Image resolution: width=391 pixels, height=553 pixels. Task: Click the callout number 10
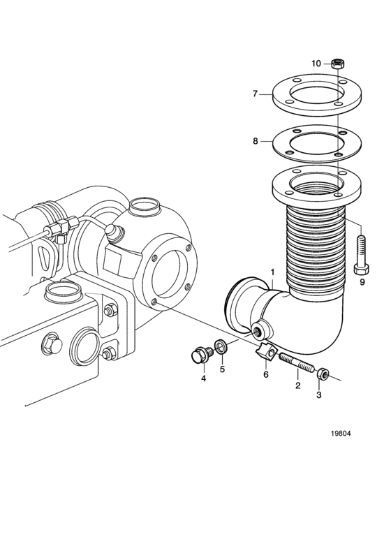coord(316,64)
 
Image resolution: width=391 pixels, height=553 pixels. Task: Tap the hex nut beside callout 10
coord(338,64)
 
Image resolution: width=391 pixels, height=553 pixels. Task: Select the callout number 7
coord(256,94)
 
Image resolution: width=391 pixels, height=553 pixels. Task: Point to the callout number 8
coord(256,141)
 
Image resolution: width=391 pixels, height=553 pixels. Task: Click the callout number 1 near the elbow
coord(272,272)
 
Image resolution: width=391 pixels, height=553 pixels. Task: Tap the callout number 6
coord(266,374)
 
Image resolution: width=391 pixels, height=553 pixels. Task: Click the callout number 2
coord(298,385)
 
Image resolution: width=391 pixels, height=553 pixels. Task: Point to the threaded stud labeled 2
coord(297,363)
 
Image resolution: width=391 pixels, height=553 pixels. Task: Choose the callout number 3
coord(318,395)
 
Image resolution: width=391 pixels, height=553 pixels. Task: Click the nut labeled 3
coord(323,374)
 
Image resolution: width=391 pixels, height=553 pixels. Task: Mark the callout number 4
coord(203,378)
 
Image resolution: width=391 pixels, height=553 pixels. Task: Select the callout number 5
coord(223,369)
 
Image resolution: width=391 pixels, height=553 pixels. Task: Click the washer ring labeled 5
coord(221,346)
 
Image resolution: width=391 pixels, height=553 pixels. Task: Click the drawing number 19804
coord(341,434)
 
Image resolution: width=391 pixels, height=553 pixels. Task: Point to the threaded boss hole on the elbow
coord(257,331)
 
